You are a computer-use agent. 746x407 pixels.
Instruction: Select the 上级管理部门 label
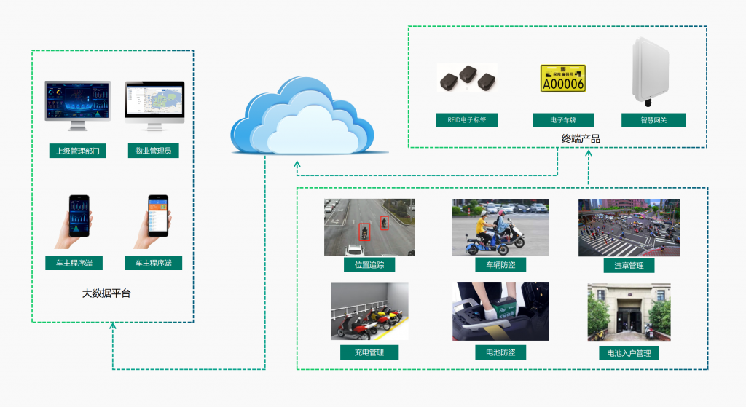click(x=78, y=151)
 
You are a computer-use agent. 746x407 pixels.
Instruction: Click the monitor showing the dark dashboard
click(x=78, y=101)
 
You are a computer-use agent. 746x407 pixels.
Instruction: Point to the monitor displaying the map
click(x=154, y=101)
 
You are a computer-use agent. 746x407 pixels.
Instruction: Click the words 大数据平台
click(x=106, y=294)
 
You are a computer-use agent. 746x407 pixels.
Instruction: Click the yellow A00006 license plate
click(x=563, y=80)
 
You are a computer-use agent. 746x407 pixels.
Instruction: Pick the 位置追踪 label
click(x=369, y=264)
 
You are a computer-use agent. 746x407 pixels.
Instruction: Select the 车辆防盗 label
click(x=500, y=264)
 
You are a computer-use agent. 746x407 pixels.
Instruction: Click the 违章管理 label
click(x=629, y=265)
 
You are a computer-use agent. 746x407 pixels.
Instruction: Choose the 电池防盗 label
click(x=500, y=352)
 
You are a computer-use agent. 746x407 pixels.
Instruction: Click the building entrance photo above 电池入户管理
click(x=629, y=312)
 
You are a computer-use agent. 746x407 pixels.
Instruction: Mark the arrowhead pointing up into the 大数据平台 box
click(x=113, y=327)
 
